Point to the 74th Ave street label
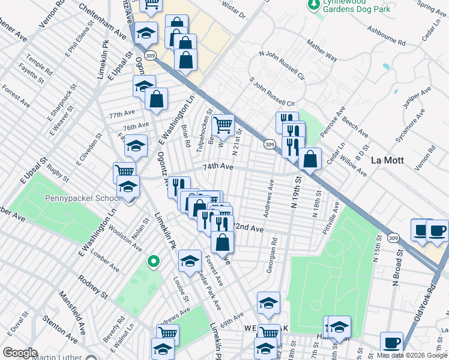pyautogui.click(x=217, y=167)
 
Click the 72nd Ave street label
pyautogui.click(x=248, y=229)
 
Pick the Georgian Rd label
pyautogui.click(x=272, y=256)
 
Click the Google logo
pyautogui.click(x=20, y=352)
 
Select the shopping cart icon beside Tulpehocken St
pyautogui.click(x=223, y=125)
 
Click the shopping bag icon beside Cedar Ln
pyautogui.click(x=310, y=160)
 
